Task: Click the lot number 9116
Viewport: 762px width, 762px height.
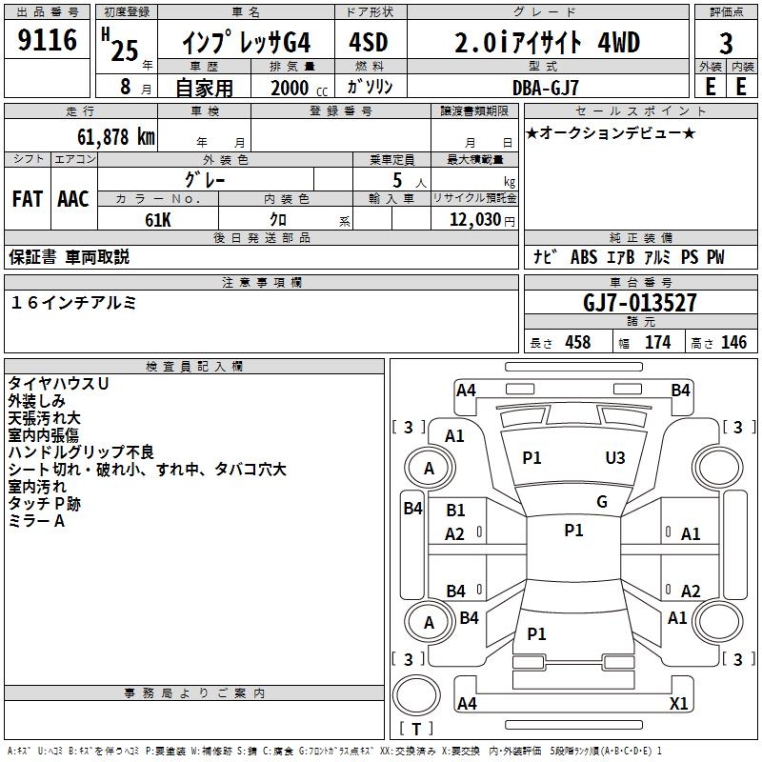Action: coord(47,41)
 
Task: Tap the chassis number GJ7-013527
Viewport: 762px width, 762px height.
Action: coord(639,303)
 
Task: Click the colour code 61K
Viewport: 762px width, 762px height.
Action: coord(157,218)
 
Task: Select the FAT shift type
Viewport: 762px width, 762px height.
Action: coord(27,198)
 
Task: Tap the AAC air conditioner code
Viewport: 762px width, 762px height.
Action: coord(73,198)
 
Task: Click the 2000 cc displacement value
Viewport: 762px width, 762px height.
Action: coord(290,88)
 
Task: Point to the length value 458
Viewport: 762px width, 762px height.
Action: coord(577,343)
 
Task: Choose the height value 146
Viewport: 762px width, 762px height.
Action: coord(733,343)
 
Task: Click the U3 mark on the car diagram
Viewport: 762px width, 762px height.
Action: coord(615,458)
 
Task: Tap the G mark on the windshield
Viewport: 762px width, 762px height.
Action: coord(601,502)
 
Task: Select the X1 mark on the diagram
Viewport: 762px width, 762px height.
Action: coord(679,703)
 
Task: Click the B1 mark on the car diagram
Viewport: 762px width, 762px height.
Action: coord(455,511)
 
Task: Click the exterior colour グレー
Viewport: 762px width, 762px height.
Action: coord(205,179)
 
